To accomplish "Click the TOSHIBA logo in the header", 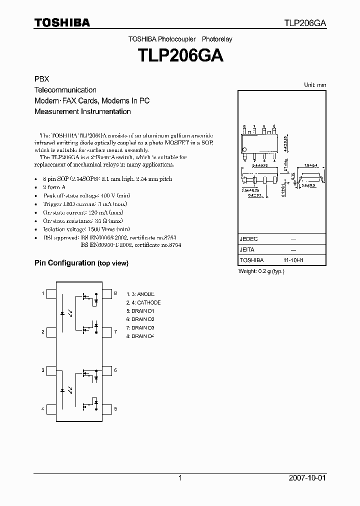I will pyautogui.click(x=62, y=22).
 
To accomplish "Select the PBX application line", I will pyautogui.click(x=41, y=79).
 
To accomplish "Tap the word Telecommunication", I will pyautogui.click(x=65, y=90).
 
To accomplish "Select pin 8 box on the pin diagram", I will pyautogui.click(x=107, y=293).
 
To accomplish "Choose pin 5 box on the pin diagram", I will pyautogui.click(x=107, y=409).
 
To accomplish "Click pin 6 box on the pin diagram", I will pyautogui.click(x=107, y=370).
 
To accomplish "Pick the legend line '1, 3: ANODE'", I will pyautogui.click(x=140, y=294).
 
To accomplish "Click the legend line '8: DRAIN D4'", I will pyautogui.click(x=140, y=336).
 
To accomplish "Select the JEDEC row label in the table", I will pyautogui.click(x=248, y=239).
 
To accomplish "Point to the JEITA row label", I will pyautogui.click(x=247, y=249).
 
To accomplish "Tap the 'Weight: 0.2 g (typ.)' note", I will pyautogui.click(x=261, y=271).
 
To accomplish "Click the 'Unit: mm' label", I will pyautogui.click(x=315, y=85).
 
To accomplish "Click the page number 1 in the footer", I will pyautogui.click(x=180, y=478).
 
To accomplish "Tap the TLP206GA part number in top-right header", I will pyautogui.click(x=305, y=23).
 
